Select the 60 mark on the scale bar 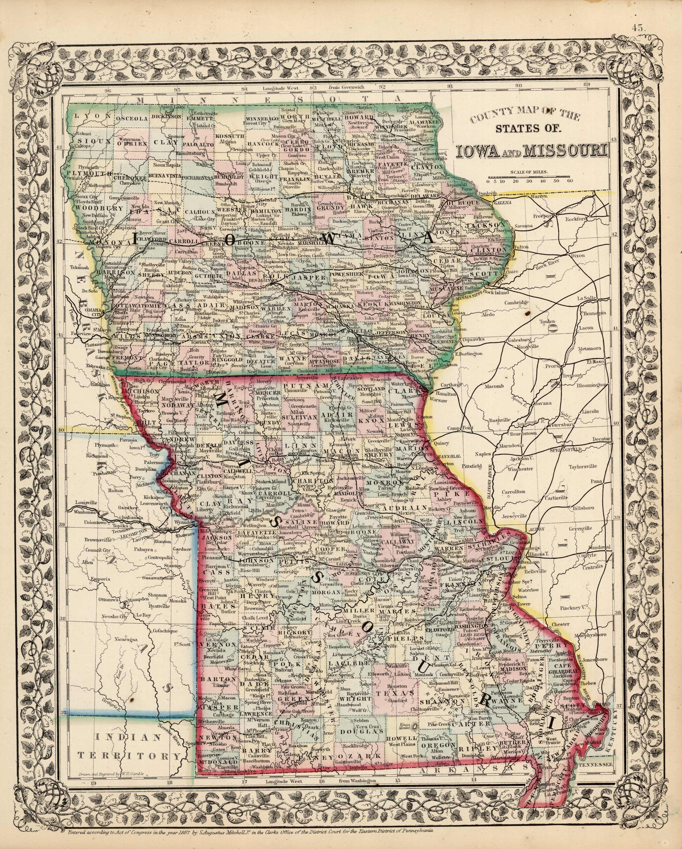coord(570,181)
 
